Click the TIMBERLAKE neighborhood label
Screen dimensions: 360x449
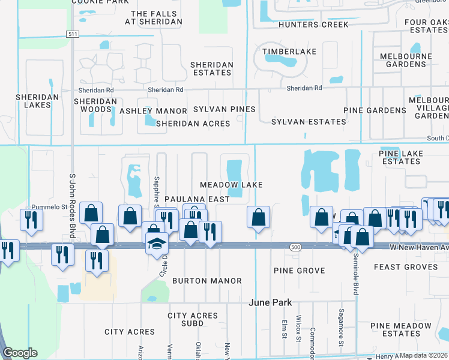[289, 52]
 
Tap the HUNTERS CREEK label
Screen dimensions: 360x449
[313, 25]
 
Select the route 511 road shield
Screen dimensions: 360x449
[72, 34]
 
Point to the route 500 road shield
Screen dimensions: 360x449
[295, 247]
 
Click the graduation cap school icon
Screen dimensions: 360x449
[157, 244]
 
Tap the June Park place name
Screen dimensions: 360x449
[268, 303]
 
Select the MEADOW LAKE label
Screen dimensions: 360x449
[232, 185]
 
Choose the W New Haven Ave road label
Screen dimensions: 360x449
[418, 247]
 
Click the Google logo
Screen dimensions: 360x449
[20, 353]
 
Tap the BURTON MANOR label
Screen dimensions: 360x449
[206, 280]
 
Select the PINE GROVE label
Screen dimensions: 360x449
[299, 271]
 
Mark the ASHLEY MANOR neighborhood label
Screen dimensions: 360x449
[154, 111]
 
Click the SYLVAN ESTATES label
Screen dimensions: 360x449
[309, 122]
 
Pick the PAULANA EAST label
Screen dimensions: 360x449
[197, 199]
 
